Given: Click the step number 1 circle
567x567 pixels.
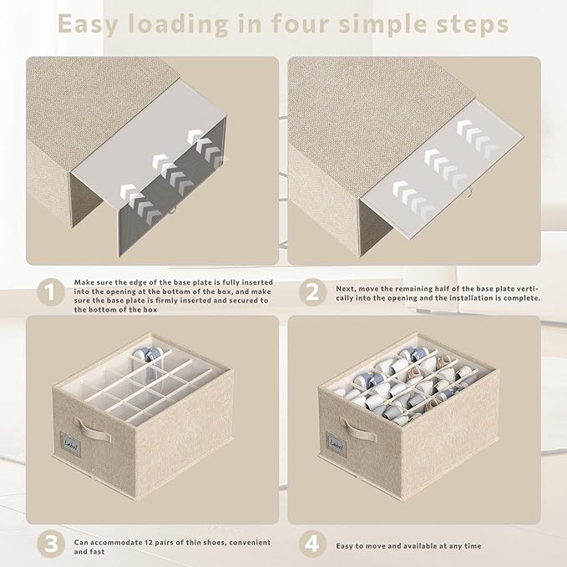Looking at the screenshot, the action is click(x=51, y=291).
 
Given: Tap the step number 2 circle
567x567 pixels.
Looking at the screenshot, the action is click(x=313, y=291).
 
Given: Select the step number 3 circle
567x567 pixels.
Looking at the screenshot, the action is click(x=51, y=544).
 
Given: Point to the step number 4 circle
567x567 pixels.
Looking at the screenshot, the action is click(x=313, y=544).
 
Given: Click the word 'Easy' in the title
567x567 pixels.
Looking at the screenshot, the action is click(x=89, y=25).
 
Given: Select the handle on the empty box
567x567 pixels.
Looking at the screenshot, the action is click(x=93, y=429).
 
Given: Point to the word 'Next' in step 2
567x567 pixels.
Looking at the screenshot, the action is click(x=346, y=289).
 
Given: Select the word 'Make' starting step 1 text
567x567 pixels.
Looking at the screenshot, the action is click(x=84, y=282).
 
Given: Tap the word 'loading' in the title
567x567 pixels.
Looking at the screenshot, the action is click(x=178, y=25).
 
